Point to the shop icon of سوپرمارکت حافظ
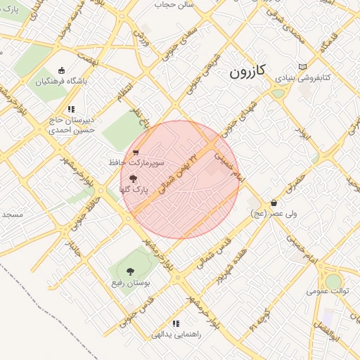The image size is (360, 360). [x=136, y=151]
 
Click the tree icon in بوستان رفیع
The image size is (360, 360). [x=129, y=271]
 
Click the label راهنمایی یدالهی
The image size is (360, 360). [x=176, y=335]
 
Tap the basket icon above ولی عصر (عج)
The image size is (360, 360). [x=273, y=202]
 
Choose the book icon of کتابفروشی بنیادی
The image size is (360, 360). [x=302, y=67]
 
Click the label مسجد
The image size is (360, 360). [x=12, y=214]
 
